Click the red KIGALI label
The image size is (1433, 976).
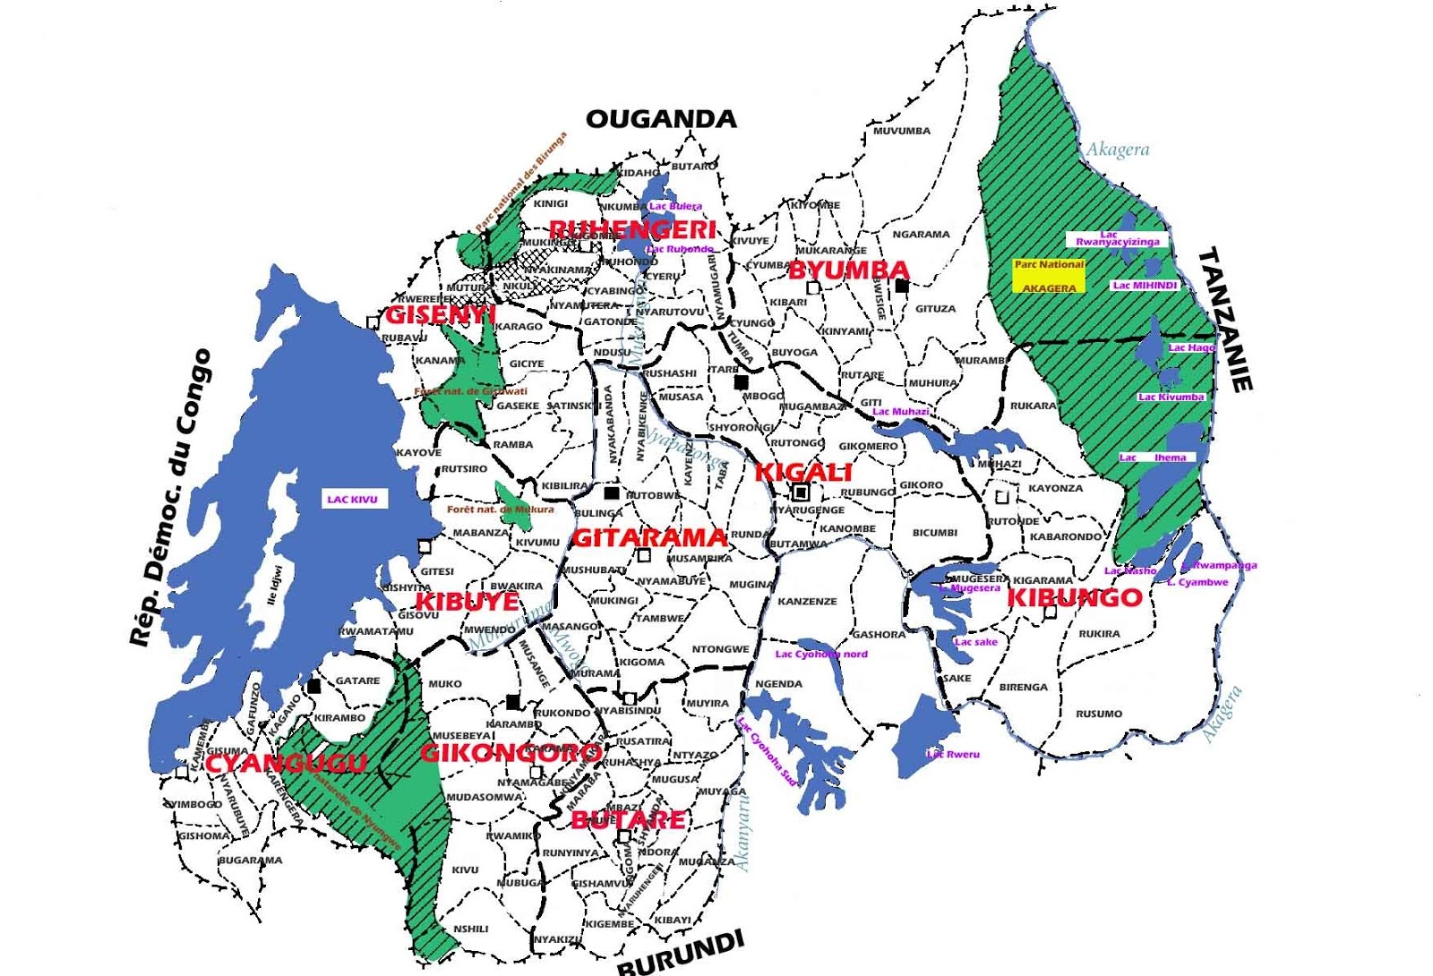tap(803, 472)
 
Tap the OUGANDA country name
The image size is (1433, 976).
tap(661, 119)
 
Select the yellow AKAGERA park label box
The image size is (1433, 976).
tap(1049, 277)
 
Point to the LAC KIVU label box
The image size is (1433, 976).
tap(352, 499)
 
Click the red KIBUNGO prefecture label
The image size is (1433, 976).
tap(1075, 597)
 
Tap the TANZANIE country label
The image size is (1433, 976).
tap(1224, 320)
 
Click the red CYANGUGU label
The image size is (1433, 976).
tap(286, 763)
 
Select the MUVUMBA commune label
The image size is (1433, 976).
tap(902, 131)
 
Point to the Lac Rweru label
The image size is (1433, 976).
tap(953, 754)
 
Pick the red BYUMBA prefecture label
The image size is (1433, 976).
tap(848, 270)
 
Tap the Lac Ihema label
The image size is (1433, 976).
tap(1156, 458)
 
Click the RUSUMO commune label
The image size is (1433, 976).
tap(1099, 714)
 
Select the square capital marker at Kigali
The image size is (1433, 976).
tap(802, 492)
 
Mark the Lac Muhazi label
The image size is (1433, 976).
tap(900, 412)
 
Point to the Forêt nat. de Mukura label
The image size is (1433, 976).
tap(500, 509)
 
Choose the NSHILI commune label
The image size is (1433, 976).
tap(471, 929)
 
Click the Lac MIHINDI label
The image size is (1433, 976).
tap(1145, 286)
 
